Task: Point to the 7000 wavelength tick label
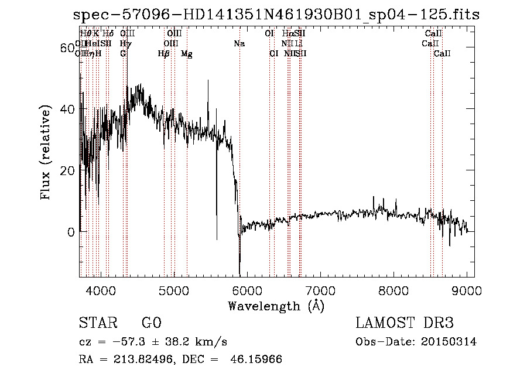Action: (x=320, y=290)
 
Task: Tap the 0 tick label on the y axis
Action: (x=71, y=231)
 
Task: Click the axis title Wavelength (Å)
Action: (x=276, y=306)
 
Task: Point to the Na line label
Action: (x=239, y=43)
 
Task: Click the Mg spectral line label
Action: (x=186, y=54)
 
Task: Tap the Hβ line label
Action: (x=163, y=54)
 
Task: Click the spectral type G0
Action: (x=151, y=323)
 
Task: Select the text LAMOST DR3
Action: (x=405, y=323)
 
